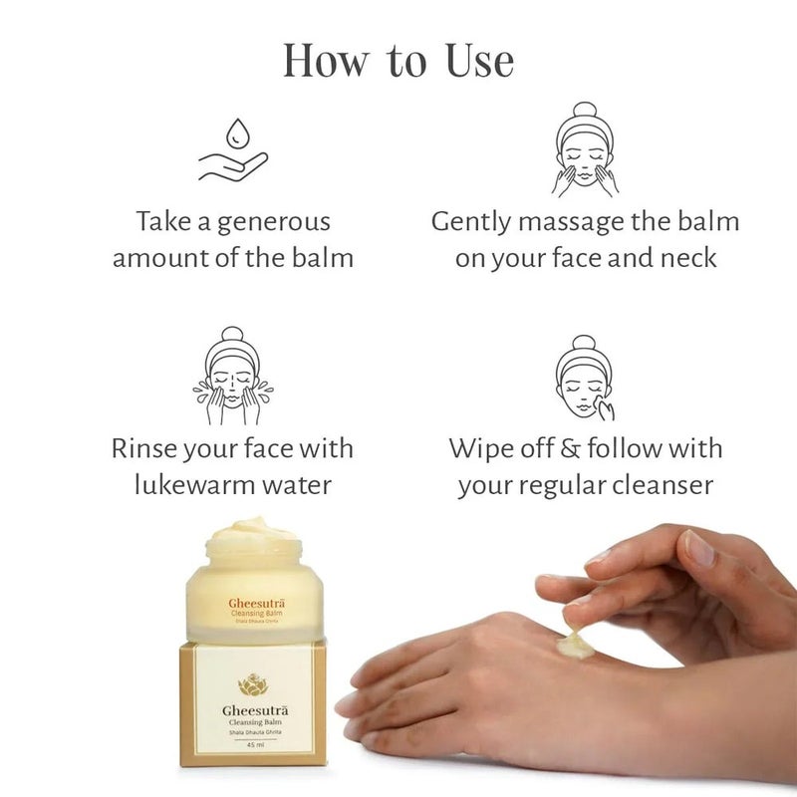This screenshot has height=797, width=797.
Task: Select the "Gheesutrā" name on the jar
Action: (251, 602)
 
